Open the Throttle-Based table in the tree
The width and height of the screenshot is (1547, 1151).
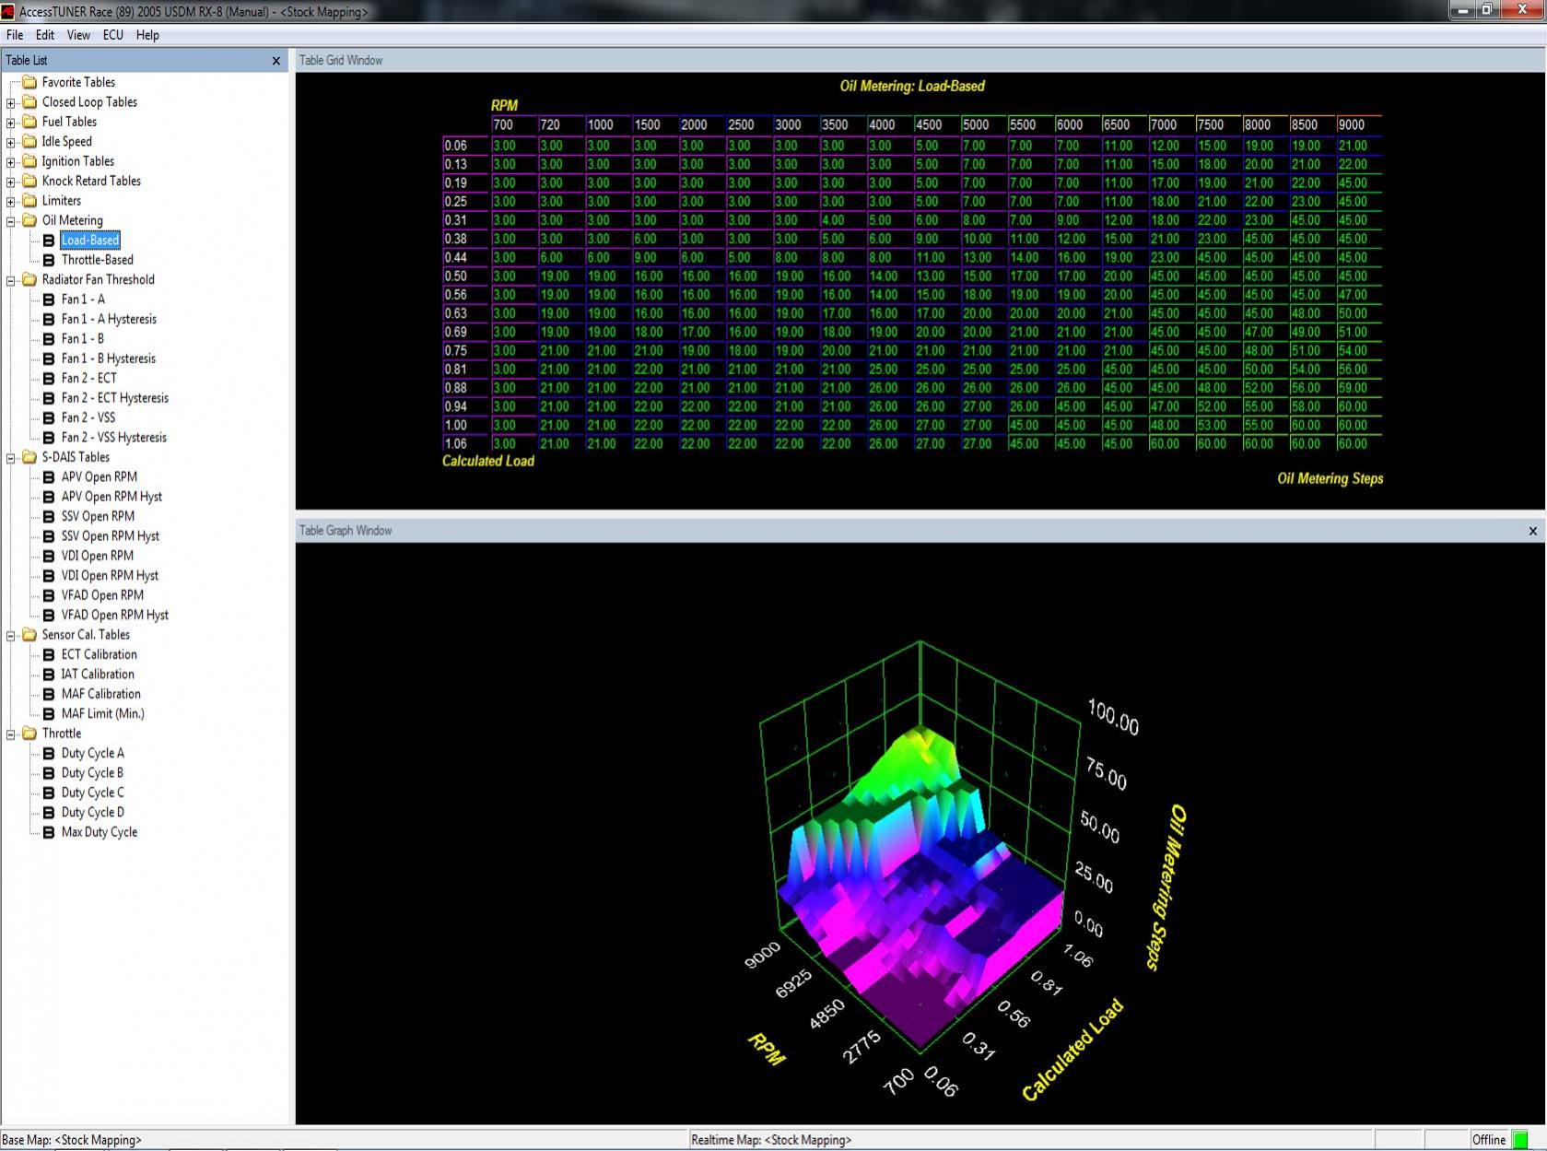click(97, 260)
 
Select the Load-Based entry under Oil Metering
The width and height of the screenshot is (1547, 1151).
click(90, 240)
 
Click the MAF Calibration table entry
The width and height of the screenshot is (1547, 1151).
click(100, 693)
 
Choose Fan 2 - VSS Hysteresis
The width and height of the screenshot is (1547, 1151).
click(113, 438)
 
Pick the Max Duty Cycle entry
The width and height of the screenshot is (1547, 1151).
click(99, 831)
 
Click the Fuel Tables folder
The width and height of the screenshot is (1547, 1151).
click(69, 122)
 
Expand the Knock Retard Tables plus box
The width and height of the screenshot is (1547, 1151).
click(10, 182)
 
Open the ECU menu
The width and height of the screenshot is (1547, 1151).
click(112, 35)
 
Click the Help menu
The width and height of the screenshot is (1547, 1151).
click(147, 35)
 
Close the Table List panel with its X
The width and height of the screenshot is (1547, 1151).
click(276, 61)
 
